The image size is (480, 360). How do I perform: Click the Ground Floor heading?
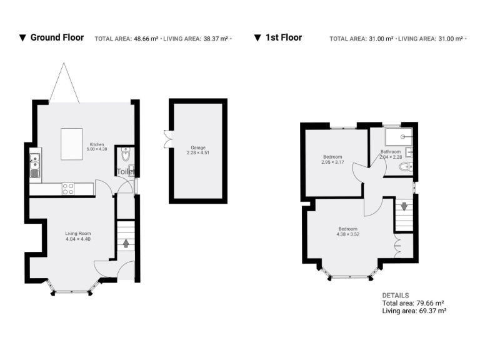[57, 37]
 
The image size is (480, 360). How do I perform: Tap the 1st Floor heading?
[283, 37]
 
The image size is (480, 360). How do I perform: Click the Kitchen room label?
[96, 144]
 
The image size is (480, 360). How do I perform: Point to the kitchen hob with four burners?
[68, 188]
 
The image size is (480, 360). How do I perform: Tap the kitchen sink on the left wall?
[34, 165]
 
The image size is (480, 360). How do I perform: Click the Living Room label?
[78, 234]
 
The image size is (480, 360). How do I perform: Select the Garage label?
[197, 147]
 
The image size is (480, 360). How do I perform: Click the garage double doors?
[166, 139]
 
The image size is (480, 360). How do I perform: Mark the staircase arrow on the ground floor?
[126, 242]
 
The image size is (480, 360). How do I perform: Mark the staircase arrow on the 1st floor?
[404, 206]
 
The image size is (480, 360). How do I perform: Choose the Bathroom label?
[391, 152]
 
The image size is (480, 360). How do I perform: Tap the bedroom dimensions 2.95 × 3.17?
[332, 161]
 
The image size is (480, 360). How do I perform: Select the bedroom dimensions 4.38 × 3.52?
[347, 234]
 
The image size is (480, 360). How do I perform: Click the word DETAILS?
[395, 296]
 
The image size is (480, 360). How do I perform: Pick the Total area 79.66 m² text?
[414, 303]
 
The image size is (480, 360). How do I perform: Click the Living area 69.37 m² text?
[414, 311]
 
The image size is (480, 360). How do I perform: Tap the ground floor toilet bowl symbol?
[126, 154]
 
